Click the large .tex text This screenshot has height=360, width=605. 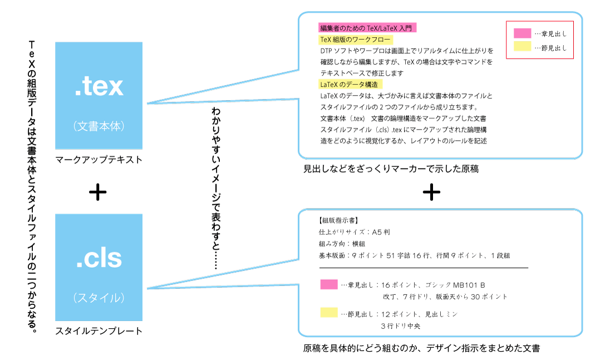tap(99, 86)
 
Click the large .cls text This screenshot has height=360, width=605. tap(99, 258)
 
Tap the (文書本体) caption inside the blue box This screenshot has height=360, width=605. tap(99, 126)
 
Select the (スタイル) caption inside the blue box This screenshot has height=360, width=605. tap(99, 298)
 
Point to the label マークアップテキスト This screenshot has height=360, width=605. tap(99, 160)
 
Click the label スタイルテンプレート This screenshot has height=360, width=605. tap(99, 331)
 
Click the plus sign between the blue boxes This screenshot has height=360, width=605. tap(97, 192)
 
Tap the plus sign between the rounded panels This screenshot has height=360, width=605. tap(431, 192)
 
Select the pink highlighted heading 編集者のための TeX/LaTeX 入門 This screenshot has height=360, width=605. tap(367, 28)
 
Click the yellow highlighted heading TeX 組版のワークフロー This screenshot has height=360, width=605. tap(356, 40)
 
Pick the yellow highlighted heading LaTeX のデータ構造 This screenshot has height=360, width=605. tap(350, 84)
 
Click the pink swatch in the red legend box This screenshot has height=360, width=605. tap(523, 33)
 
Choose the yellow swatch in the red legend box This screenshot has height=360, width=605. tap(523, 46)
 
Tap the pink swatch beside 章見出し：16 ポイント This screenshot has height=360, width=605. tap(329, 284)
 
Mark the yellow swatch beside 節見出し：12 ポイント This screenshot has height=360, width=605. tap(329, 312)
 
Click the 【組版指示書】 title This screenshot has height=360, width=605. tap(338, 220)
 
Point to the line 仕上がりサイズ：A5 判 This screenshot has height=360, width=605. tap(354, 232)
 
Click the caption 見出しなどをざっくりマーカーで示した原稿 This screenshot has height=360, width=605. tap(391, 169)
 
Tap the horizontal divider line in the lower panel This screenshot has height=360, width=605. tap(424, 268)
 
